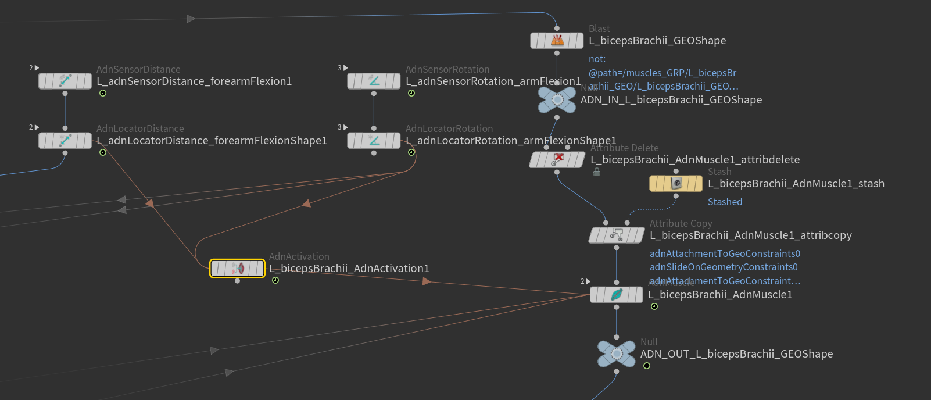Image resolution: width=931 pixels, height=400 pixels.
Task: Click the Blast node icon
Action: click(557, 41)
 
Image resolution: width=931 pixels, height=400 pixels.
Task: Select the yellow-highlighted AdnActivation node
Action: click(237, 269)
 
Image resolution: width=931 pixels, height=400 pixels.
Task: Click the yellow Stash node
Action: click(676, 184)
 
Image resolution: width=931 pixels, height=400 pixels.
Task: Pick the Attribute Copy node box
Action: click(617, 235)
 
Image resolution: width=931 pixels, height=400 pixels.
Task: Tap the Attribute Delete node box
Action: click(557, 160)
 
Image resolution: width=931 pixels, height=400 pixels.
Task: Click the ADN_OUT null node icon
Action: click(617, 354)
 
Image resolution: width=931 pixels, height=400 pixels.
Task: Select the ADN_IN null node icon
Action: click(557, 100)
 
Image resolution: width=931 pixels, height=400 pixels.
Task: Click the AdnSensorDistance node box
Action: click(65, 81)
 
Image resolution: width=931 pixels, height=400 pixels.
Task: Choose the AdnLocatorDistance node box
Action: click(65, 141)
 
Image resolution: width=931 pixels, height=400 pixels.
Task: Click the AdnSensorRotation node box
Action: click(374, 81)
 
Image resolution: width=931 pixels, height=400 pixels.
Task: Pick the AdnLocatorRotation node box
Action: click(374, 141)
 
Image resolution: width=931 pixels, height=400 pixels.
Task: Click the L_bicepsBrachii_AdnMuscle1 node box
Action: click(617, 295)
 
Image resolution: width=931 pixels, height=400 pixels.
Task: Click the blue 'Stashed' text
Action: click(725, 202)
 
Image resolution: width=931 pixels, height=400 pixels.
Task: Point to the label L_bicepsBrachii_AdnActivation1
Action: click(349, 269)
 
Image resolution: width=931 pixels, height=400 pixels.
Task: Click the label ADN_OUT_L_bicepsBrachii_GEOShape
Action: click(736, 354)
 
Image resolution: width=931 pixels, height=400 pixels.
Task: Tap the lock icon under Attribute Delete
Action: click(597, 172)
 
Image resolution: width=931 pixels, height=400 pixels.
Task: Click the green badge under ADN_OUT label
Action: click(647, 366)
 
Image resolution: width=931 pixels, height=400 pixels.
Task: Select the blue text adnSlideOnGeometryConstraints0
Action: click(724, 267)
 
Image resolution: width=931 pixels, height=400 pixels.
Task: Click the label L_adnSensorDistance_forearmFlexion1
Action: click(194, 81)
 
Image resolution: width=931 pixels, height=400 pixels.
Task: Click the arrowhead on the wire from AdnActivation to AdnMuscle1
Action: click(427, 281)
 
